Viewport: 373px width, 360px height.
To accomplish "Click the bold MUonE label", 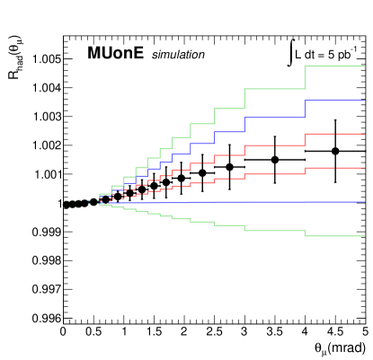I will tap(116, 55).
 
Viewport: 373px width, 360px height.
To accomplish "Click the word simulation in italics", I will tap(178, 56).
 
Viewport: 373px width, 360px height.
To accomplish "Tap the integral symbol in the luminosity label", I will tap(289, 51).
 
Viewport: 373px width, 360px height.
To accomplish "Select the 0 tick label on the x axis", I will tap(63, 334).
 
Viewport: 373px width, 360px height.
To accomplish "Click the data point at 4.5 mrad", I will tap(334, 152).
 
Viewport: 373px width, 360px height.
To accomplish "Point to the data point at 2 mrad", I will tap(182, 178).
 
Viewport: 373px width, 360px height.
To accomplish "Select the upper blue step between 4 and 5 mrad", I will tap(334, 101).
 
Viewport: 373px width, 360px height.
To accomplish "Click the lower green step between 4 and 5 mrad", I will tap(334, 236).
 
